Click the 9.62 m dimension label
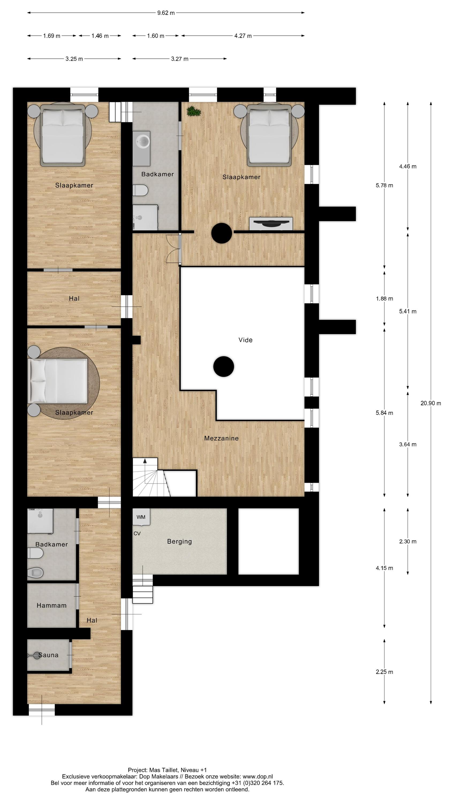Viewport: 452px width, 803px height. coord(166,13)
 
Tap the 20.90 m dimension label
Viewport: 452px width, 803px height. coord(431,403)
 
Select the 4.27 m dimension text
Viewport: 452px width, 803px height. coord(243,36)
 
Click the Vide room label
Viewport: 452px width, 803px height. coord(245,340)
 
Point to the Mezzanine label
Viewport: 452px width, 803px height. coord(221,438)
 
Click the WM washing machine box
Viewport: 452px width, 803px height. coord(141,517)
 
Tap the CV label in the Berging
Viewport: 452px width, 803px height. coord(137,533)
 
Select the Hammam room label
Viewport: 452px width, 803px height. coord(51,605)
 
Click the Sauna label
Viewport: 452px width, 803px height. coord(48,655)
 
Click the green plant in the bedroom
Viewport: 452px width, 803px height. coord(193,111)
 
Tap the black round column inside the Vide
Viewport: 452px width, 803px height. coord(223,367)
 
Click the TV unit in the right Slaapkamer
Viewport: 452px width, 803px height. coord(271,223)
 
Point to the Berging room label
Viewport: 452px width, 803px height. coord(179,541)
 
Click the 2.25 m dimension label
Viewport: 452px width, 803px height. coord(384,672)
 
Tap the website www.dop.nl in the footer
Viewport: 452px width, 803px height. coord(257,777)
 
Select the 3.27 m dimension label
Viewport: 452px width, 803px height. coord(179,59)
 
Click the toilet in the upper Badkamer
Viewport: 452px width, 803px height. coord(140,190)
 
